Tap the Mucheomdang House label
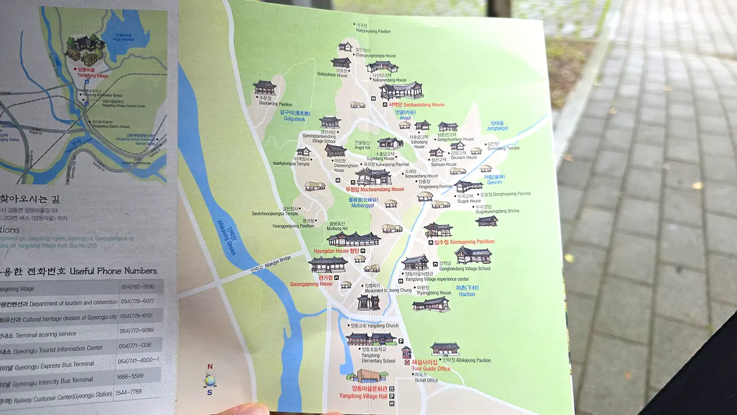coord(374,189)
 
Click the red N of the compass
coord(210,366)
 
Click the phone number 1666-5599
coord(130,376)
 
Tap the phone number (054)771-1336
coord(135,345)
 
